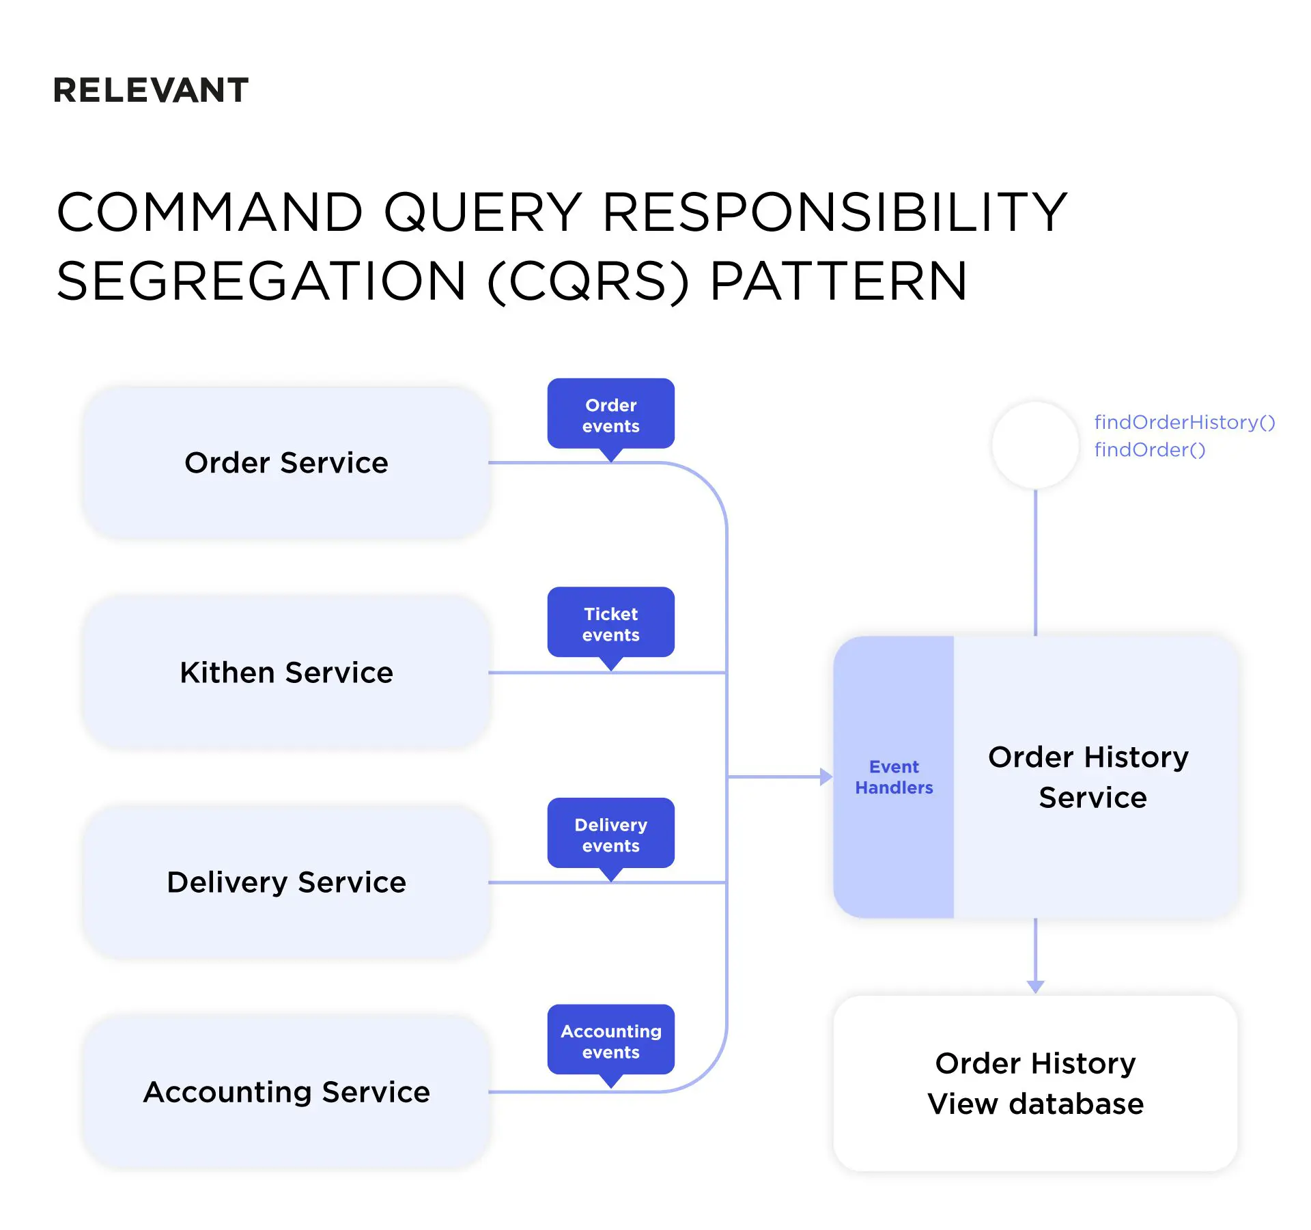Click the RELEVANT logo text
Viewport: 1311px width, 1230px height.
[x=151, y=90]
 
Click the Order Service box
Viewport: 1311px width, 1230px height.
[x=286, y=462]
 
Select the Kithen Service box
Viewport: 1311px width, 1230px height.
[x=286, y=672]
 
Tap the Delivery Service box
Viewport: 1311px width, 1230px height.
[x=286, y=882]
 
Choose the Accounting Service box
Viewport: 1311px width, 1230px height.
[x=286, y=1091]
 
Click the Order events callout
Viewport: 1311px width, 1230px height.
[x=610, y=415]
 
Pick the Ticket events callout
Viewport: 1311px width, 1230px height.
[x=610, y=624]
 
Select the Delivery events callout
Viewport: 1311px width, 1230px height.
[x=610, y=834]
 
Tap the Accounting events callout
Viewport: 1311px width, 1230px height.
[x=610, y=1040]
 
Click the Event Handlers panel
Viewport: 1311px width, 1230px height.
[x=893, y=777]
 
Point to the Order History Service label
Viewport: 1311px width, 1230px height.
[x=1090, y=777]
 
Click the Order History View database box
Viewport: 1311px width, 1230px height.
[x=1034, y=1082]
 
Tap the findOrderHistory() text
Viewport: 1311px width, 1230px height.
[x=1184, y=422]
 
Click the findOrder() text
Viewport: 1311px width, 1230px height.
[x=1149, y=449]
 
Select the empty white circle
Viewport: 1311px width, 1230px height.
[x=1034, y=445]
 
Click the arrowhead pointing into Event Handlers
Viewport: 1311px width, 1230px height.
[x=826, y=777]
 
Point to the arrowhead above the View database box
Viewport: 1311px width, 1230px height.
[x=1035, y=986]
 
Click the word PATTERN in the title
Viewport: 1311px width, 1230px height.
[x=838, y=281]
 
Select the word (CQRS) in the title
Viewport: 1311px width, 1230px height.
[x=588, y=281]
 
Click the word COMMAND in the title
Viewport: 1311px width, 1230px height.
[x=209, y=212]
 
